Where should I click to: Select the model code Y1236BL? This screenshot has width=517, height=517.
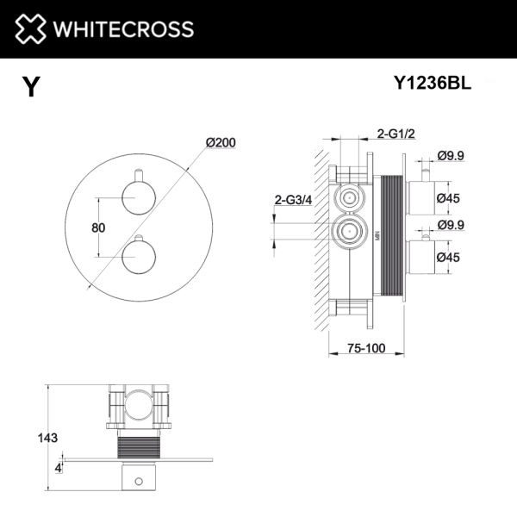(432, 84)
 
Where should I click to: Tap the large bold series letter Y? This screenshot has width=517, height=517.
(32, 87)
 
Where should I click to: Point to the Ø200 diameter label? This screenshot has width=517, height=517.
(221, 142)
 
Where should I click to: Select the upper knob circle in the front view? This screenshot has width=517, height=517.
(136, 201)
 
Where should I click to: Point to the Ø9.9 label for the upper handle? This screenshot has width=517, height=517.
(452, 155)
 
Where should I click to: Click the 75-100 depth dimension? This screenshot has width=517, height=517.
(358, 349)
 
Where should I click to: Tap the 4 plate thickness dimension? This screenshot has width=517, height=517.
(58, 467)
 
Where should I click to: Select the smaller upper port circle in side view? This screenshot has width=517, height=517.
(349, 197)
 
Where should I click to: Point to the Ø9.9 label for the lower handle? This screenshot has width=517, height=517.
(452, 225)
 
